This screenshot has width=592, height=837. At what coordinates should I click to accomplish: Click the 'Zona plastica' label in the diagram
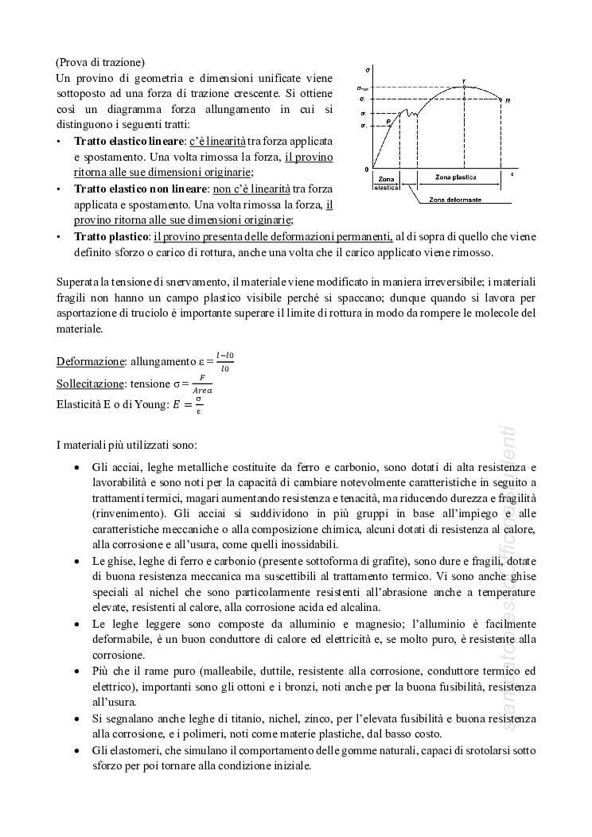[456, 176]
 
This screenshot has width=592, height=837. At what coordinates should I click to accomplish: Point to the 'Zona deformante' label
[454, 199]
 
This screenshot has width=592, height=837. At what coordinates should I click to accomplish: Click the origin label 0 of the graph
[367, 169]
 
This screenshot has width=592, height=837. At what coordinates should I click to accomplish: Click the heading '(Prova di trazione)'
[100, 62]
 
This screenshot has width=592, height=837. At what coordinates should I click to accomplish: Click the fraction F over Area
[202, 384]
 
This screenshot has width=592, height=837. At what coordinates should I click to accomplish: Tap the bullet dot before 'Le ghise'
[76, 561]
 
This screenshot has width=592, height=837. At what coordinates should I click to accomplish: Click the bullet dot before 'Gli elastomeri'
[76, 750]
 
